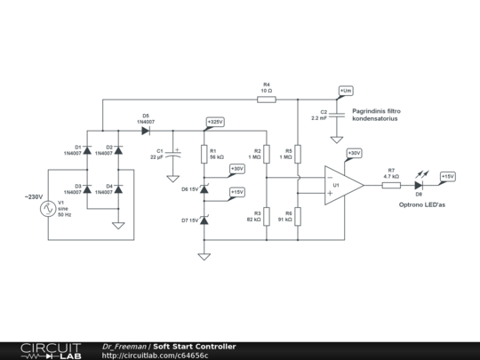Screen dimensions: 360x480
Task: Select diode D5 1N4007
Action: (145, 130)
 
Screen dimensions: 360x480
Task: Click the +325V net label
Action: (215, 122)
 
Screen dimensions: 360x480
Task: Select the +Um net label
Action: (346, 91)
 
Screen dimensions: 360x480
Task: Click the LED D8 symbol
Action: (419, 185)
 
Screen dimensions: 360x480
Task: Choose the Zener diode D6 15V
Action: (204, 189)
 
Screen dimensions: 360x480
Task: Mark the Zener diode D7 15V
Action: (204, 220)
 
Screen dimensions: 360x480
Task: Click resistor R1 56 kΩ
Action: (204, 153)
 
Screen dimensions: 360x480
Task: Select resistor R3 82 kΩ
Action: (267, 217)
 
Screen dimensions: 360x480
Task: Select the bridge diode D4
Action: (119, 189)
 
